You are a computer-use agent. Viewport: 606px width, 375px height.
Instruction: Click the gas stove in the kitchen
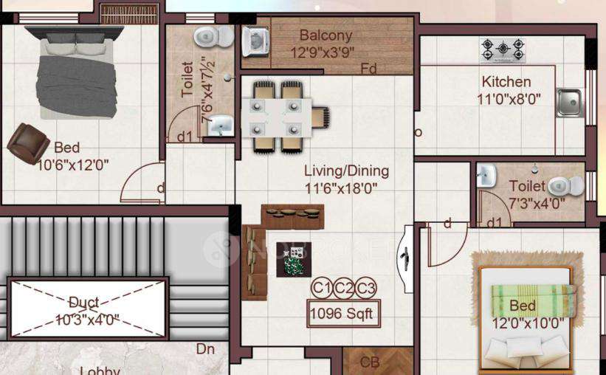coord(503,50)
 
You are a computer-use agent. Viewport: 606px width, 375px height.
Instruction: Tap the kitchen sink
coord(569,103)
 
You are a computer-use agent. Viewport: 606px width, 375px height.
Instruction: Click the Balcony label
coord(326,35)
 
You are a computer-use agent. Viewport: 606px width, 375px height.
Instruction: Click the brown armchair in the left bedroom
coord(27,142)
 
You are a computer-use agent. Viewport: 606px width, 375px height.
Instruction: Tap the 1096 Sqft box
coord(343,313)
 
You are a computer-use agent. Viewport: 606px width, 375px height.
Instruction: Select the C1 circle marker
coord(321,288)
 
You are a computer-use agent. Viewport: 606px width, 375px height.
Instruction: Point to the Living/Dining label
coord(346,171)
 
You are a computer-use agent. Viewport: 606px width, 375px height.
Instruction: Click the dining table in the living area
coord(275,116)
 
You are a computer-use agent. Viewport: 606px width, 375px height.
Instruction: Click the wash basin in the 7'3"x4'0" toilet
coord(486,176)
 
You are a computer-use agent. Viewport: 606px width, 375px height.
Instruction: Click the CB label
coord(370,362)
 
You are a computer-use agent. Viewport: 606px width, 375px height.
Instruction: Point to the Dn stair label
coord(205,348)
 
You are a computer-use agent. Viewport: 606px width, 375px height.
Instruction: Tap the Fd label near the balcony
coord(368,69)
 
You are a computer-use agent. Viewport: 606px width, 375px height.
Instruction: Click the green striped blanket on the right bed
coord(532,299)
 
